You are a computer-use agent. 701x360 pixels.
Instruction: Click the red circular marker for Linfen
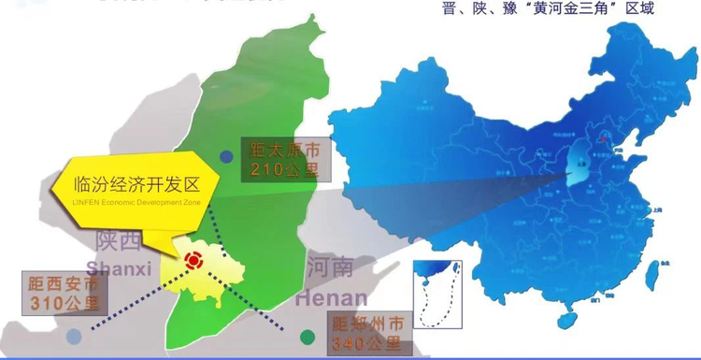click(x=194, y=262)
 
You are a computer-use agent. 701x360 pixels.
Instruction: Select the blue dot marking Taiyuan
click(x=225, y=157)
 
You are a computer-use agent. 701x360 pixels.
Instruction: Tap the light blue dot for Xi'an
click(x=74, y=333)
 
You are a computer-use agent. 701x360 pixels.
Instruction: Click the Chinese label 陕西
click(x=118, y=243)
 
